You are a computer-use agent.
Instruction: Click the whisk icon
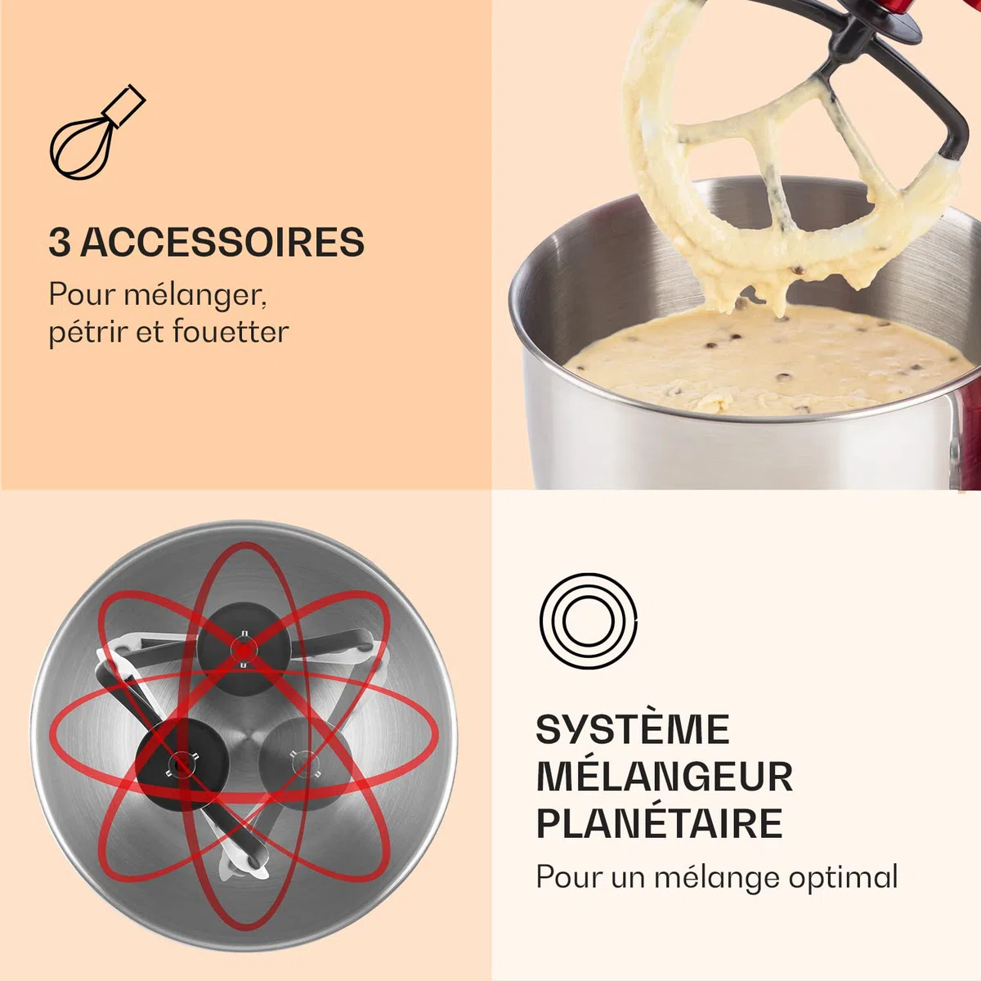tap(96, 132)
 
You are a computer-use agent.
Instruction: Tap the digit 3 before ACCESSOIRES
tap(60, 242)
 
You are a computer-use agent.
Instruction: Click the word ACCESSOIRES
tap(222, 242)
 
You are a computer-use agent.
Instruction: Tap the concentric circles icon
tap(588, 619)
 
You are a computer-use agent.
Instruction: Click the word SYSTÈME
tap(633, 730)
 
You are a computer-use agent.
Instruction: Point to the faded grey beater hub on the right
tap(305, 764)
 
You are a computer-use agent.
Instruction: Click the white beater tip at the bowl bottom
tap(244, 866)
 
